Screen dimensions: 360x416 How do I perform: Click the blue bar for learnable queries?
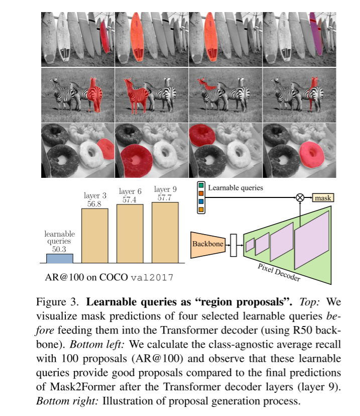pos(60,258)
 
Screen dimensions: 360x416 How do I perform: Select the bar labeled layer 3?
pos(94,236)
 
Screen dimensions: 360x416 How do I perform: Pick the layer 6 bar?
pos(130,234)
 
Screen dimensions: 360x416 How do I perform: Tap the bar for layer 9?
pos(165,233)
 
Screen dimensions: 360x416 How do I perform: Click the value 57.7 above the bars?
pos(164,197)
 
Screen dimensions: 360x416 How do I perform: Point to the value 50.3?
pos(59,249)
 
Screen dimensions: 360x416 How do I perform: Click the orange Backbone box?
pos(208,245)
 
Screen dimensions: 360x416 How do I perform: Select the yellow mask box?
pos(323,197)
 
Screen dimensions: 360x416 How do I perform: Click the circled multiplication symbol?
pos(300,197)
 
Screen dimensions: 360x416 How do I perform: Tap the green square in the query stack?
pos(201,185)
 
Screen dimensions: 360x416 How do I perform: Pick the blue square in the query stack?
pos(201,201)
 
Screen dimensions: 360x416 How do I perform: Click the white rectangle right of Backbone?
pos(233,245)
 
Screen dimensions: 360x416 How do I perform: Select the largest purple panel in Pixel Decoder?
pos(312,240)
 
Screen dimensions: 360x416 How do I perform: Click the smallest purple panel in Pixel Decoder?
pos(250,245)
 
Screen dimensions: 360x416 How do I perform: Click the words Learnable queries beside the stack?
pos(235,188)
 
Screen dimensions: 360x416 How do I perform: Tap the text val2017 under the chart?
pos(152,277)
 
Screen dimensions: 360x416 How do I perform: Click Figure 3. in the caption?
pos(57,302)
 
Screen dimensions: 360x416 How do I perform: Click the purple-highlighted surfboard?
pos(316,34)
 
